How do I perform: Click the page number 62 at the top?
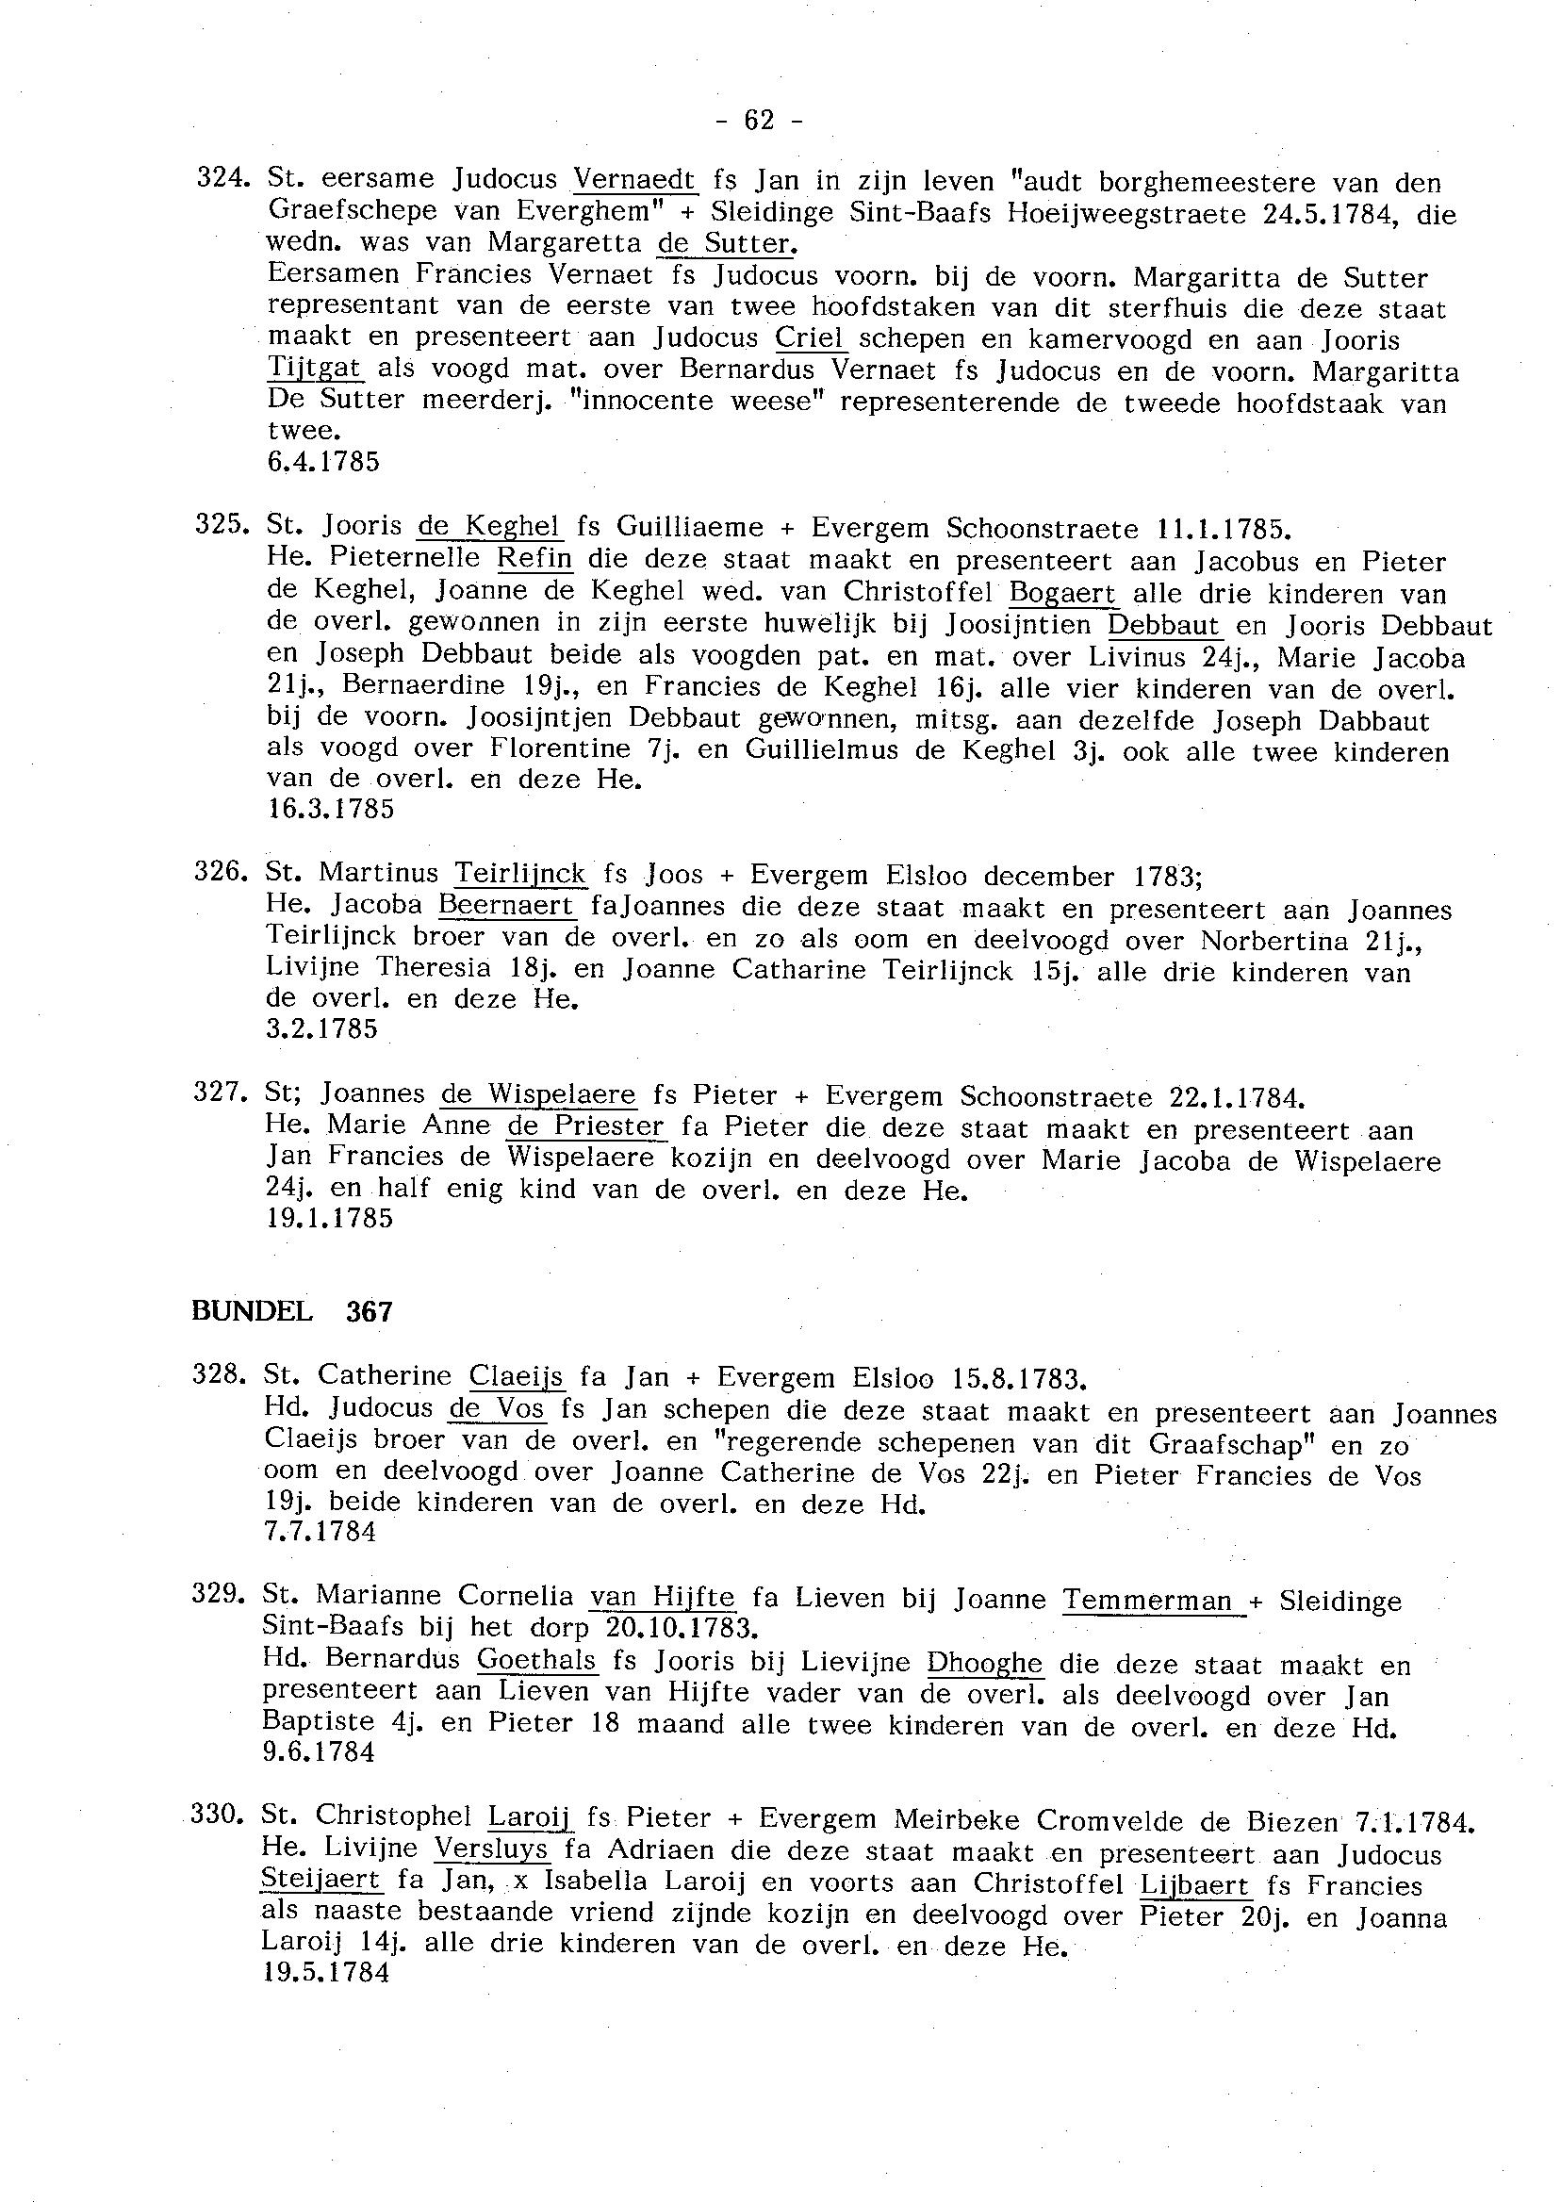(759, 121)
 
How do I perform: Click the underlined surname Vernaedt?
(633, 180)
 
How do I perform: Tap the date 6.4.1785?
(323, 462)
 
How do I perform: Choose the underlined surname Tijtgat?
(314, 370)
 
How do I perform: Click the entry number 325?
(219, 527)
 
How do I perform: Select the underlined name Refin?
(534, 559)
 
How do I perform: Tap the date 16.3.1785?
(330, 810)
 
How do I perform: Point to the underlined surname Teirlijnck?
(520, 874)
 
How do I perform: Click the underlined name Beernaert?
(506, 906)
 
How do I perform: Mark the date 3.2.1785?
(322, 1029)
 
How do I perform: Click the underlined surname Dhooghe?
(984, 1663)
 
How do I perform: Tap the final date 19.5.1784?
(326, 1973)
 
